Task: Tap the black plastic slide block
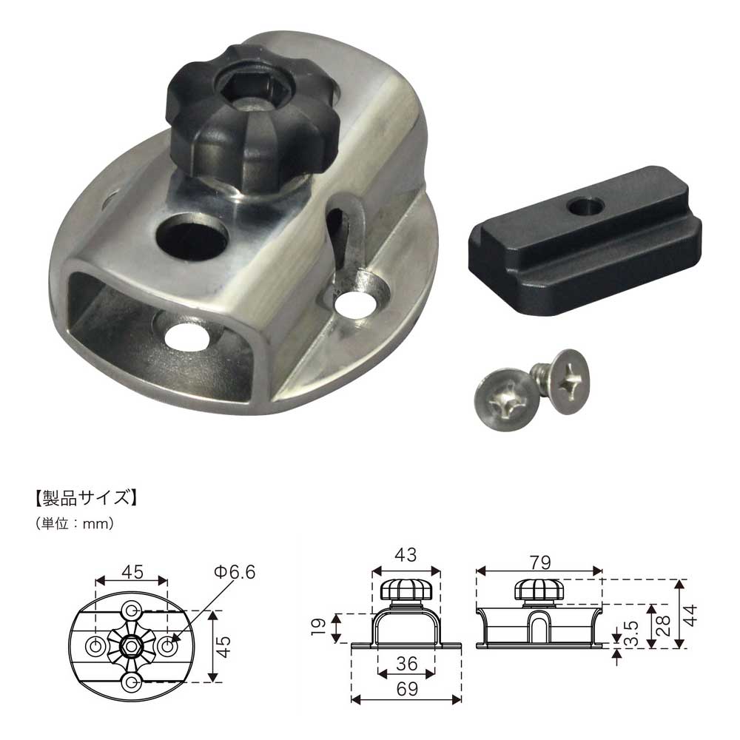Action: coord(585,240)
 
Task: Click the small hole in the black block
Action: coord(585,206)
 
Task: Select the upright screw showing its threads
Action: coord(561,380)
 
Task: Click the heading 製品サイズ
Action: coord(87,498)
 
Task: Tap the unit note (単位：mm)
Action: coord(75,523)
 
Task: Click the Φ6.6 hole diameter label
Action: coord(235,572)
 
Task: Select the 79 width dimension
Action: coord(540,562)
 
